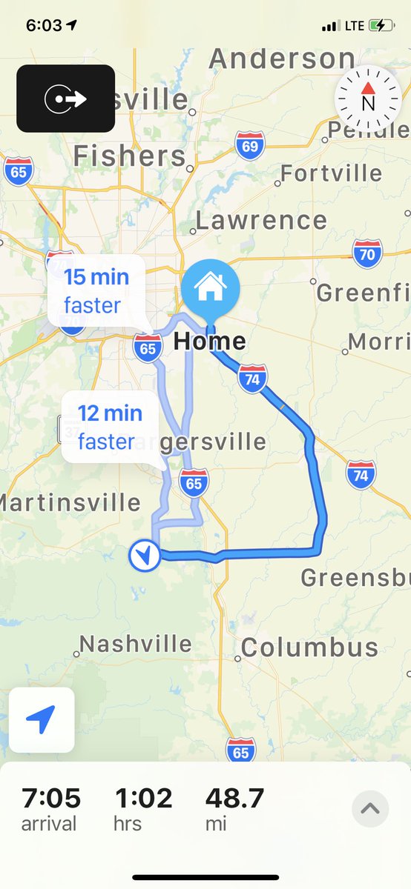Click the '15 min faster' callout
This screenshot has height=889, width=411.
tap(96, 290)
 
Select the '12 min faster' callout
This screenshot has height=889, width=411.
tap(109, 427)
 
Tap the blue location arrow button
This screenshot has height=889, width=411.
tap(42, 719)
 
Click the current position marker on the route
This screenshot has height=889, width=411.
tap(144, 556)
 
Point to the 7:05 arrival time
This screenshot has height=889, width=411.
tap(50, 799)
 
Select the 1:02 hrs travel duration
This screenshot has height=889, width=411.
tap(143, 799)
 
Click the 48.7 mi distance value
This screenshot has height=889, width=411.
tap(234, 799)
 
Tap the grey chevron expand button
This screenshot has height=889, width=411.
tap(369, 808)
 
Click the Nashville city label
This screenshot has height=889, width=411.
tap(135, 645)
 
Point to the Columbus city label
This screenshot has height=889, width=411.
tap(309, 647)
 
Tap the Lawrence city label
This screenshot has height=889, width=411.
tap(261, 220)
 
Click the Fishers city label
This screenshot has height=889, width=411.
tap(129, 156)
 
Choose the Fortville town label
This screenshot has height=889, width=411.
tap(332, 174)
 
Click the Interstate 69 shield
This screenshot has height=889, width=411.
tap(250, 146)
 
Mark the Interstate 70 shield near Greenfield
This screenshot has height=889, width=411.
tap(368, 254)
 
